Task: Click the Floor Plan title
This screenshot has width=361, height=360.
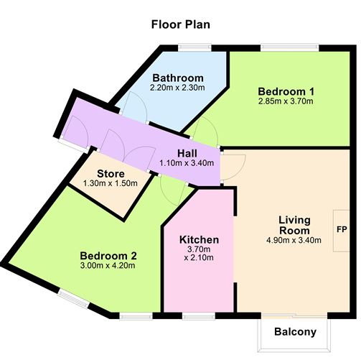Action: click(180, 24)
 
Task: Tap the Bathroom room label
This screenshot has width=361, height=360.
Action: click(177, 78)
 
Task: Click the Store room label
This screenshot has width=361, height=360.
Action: click(111, 174)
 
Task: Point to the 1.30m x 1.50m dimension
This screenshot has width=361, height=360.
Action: click(111, 184)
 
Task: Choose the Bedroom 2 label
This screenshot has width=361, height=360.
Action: click(108, 255)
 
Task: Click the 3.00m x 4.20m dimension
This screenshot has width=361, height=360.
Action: click(108, 266)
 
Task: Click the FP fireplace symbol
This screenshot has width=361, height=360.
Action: click(342, 231)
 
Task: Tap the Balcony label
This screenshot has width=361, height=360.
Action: click(295, 332)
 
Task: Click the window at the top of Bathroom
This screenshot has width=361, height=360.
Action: click(194, 48)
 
